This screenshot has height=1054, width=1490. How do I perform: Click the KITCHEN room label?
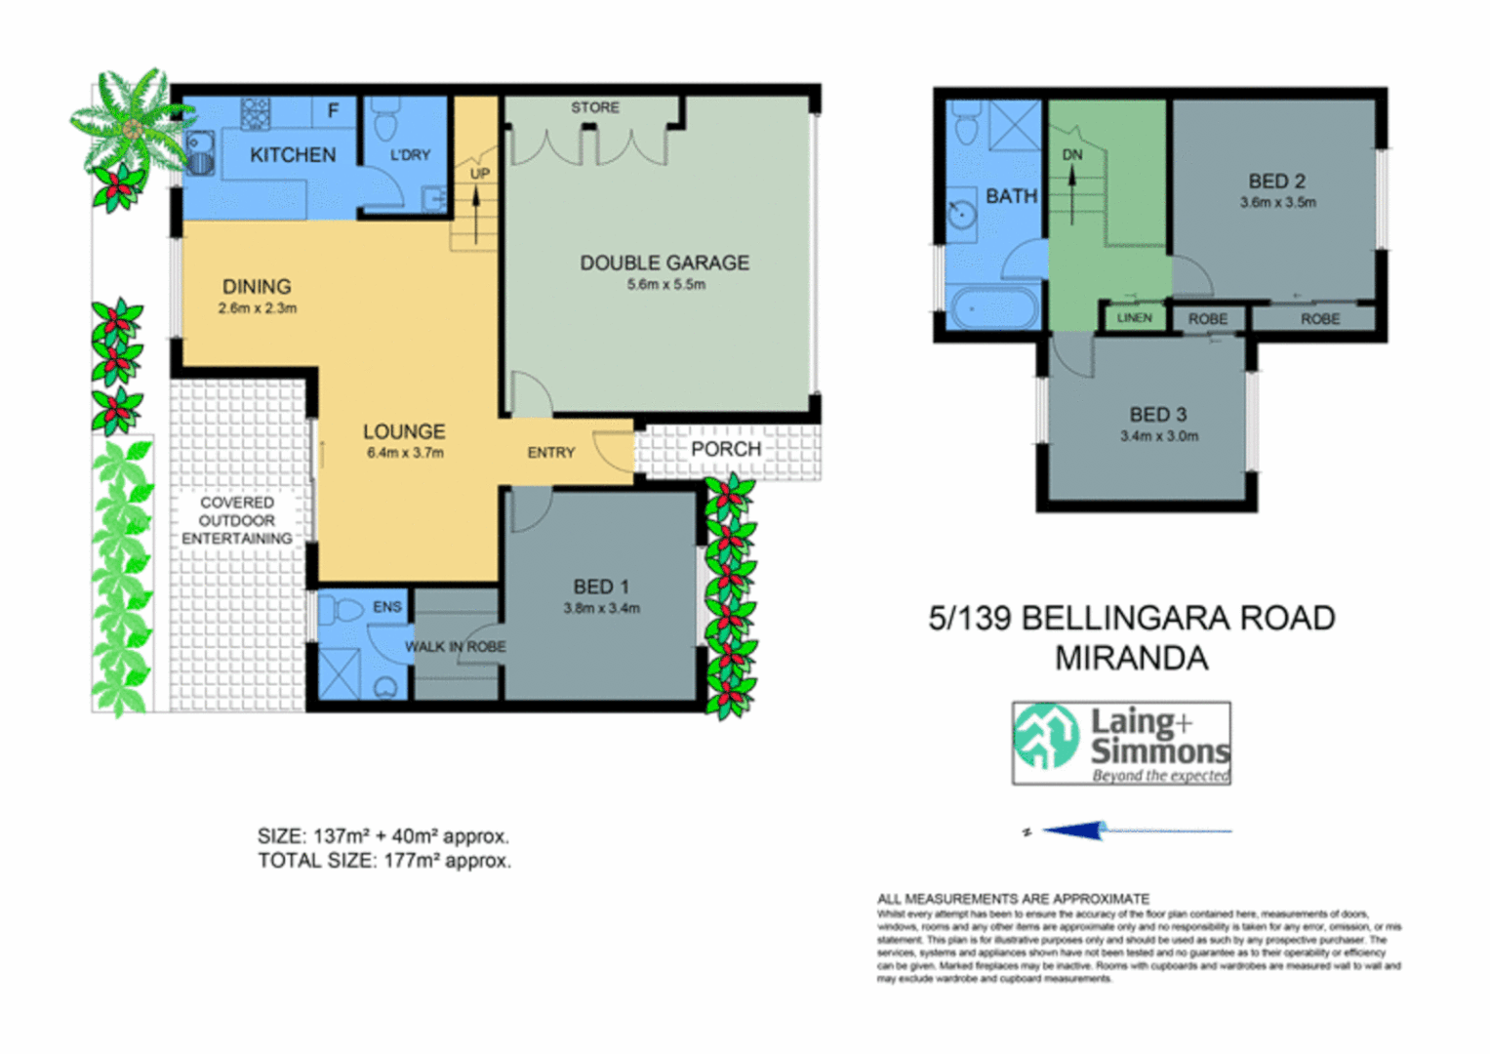tap(292, 155)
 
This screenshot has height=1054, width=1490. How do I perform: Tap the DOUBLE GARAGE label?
tap(664, 263)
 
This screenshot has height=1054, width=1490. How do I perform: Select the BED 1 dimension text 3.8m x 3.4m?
tap(601, 609)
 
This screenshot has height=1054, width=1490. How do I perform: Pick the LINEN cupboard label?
tap(1134, 318)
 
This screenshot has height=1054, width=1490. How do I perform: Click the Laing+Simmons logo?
tap(1121, 744)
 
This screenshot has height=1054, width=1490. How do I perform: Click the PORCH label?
tap(725, 450)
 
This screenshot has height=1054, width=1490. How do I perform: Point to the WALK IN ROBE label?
tap(455, 647)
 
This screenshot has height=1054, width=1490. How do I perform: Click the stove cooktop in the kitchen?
tap(256, 113)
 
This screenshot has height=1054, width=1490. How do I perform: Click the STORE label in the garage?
tap(594, 107)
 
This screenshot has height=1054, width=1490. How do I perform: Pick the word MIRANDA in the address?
tap(1131, 659)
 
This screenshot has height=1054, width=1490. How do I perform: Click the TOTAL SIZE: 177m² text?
tap(383, 861)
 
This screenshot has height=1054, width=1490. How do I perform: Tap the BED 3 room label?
tap(1158, 415)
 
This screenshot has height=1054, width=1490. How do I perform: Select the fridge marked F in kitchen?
tap(333, 111)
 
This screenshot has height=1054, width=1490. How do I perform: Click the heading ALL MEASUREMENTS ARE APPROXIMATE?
tap(1013, 899)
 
